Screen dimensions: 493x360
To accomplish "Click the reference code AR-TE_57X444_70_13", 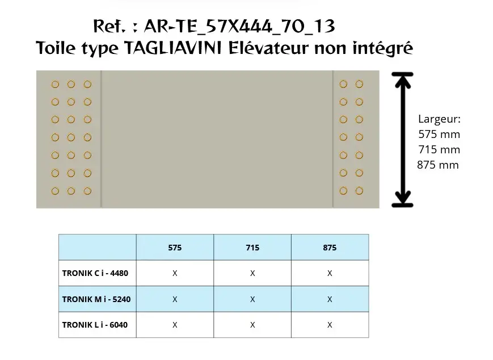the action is (x=239, y=26).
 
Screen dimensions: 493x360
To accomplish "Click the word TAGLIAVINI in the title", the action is (x=173, y=48).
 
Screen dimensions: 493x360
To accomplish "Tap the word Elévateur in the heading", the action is (x=268, y=48).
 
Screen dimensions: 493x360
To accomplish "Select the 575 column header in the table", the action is (x=175, y=248).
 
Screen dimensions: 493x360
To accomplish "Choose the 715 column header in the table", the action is (x=252, y=248).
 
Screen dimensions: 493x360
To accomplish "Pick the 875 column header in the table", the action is (x=330, y=248).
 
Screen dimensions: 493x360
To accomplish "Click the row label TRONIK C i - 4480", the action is (x=95, y=273).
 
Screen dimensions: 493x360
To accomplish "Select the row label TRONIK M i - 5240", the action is (x=96, y=299).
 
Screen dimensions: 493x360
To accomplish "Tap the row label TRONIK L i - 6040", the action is (x=95, y=325).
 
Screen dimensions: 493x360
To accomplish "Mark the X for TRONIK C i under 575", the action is (x=175, y=274).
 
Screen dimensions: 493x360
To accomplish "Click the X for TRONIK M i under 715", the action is (x=252, y=299).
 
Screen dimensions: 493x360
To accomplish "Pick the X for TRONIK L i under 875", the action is (x=330, y=325).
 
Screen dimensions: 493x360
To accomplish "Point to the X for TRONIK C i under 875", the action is (x=330, y=274).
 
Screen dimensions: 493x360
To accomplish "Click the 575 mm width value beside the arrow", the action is (x=439, y=135).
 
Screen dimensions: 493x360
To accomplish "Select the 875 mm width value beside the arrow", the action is (x=437, y=165).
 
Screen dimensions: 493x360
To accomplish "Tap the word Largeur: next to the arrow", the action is (x=439, y=119).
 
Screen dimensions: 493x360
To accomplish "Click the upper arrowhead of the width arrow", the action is (x=402, y=81).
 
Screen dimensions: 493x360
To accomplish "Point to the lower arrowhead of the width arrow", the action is (x=402, y=198).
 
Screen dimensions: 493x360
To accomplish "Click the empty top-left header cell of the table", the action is (x=98, y=248).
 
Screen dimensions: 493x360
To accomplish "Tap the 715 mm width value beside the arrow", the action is (x=439, y=149).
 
